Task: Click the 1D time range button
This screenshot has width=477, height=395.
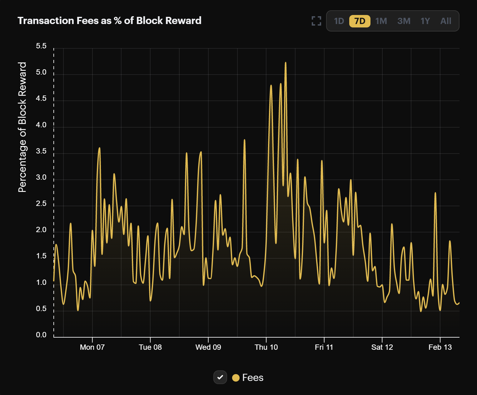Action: pos(339,21)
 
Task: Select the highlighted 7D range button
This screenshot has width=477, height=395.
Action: pos(360,21)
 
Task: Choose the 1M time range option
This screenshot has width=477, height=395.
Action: pos(381,21)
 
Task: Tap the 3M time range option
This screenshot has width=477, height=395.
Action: pos(404,21)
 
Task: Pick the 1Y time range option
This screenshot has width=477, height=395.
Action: pos(425,21)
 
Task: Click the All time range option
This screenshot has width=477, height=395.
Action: pos(446,21)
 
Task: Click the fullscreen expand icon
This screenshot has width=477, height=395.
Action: pos(316,21)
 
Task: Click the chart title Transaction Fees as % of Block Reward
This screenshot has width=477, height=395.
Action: pos(109,21)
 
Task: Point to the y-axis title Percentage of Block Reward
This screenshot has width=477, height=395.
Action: pos(22,127)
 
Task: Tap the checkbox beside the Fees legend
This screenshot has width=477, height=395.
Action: pos(220,378)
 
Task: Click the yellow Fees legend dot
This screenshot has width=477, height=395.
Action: pos(236,378)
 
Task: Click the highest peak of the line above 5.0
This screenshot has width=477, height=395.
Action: pos(286,63)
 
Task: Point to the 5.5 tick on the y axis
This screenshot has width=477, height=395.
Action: pos(41,46)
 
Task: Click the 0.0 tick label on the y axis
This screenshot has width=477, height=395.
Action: pos(41,335)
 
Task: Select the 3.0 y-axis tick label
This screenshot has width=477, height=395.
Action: pos(41,177)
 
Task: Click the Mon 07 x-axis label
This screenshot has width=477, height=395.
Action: pos(92,347)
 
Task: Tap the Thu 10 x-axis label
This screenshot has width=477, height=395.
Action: pos(266,347)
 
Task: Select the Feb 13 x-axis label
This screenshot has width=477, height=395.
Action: pos(440,347)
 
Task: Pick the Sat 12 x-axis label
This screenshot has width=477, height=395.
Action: pos(382,347)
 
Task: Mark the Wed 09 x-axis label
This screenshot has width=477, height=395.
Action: pos(208,347)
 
